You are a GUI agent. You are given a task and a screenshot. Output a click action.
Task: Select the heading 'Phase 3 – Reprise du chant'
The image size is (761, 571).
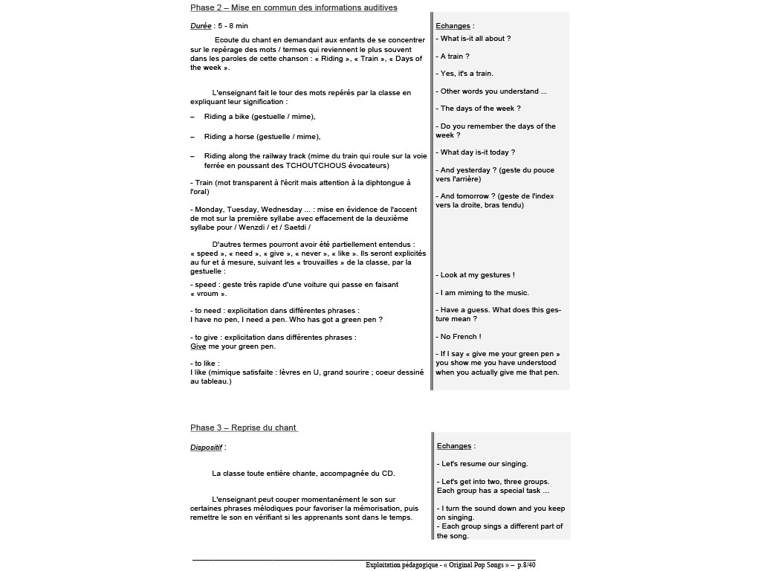click(244, 428)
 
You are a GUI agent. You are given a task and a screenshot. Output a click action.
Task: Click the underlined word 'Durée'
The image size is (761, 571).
click(201, 26)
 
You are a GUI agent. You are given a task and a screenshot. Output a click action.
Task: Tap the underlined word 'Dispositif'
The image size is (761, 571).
click(206, 448)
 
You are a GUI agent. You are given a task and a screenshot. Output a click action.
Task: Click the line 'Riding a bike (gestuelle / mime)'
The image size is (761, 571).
click(259, 117)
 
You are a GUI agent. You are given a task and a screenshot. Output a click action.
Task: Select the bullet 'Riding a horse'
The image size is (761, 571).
click(262, 137)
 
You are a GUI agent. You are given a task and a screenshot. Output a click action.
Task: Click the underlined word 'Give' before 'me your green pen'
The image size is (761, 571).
click(198, 346)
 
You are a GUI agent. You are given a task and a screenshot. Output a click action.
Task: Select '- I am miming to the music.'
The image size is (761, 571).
click(482, 293)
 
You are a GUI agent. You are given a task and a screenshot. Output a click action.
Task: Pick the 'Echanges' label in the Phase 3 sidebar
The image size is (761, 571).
click(454, 446)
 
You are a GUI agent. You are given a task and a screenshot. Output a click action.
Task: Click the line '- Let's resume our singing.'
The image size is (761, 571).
click(482, 464)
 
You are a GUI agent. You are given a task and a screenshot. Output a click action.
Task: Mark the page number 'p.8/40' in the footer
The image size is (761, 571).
click(526, 565)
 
